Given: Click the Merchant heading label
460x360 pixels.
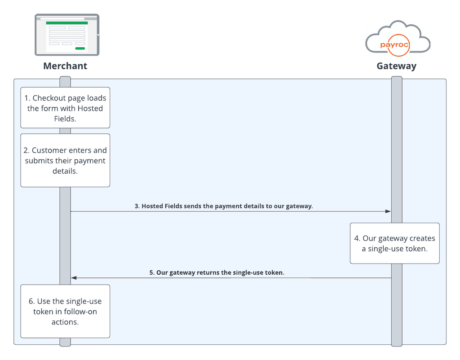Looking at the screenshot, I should pos(65,66).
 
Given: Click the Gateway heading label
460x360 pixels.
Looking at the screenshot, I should pos(396,66).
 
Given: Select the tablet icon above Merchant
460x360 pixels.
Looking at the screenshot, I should pos(67,35).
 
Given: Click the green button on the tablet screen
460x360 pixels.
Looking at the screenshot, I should pos(80,48).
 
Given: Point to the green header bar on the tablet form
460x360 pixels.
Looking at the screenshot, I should pos(67,23).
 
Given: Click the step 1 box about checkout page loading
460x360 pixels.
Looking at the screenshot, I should pos(65,108).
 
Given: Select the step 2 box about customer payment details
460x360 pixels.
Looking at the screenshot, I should pos(65,160).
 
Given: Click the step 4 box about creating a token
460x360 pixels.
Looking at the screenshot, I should pos(394,243).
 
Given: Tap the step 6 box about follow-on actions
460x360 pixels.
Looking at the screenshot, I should pos(65,311).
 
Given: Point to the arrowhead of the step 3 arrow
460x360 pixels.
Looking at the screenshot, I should pos(388,211).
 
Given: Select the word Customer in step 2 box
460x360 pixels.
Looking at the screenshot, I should pos(49,150).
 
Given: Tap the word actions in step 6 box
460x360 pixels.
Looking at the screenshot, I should pos(65,321).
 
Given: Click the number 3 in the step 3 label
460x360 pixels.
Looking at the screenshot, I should pos(137,206).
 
